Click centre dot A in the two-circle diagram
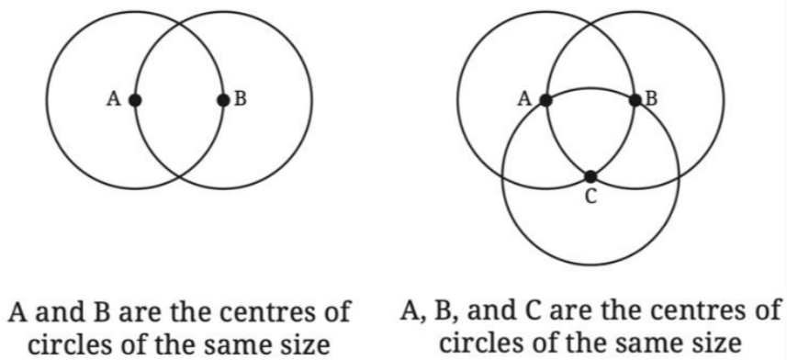click(x=134, y=100)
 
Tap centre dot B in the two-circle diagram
click(x=223, y=100)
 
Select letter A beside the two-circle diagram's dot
click(x=114, y=99)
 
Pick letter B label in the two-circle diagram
click(x=241, y=99)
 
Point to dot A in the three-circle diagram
click(x=546, y=100)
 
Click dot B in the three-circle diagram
click(x=635, y=100)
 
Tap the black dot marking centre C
click(x=590, y=176)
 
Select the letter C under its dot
click(x=591, y=197)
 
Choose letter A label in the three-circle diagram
click(x=525, y=99)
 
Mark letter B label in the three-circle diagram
click(x=651, y=99)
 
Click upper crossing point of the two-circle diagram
click(x=179, y=24)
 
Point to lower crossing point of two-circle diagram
click(x=179, y=177)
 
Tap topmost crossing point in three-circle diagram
click(x=590, y=24)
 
